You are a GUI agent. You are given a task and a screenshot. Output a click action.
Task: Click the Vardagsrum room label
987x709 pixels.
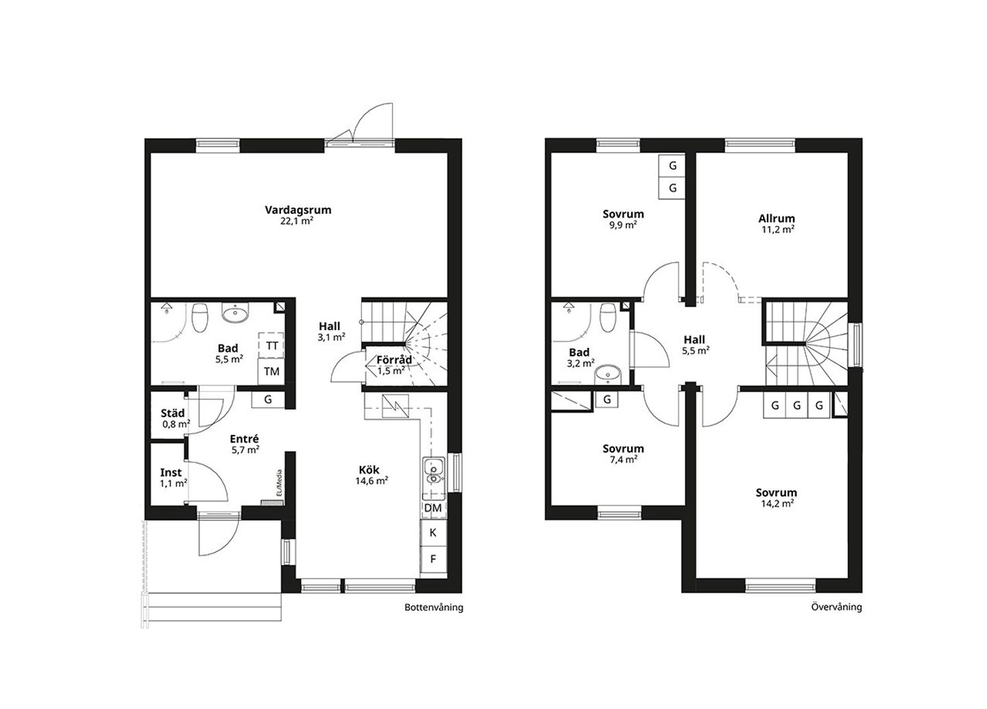pyautogui.click(x=298, y=210)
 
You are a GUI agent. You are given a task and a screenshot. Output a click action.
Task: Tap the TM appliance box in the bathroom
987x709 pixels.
pyautogui.click(x=271, y=371)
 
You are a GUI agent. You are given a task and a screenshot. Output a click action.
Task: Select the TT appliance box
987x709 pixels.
pyautogui.click(x=271, y=346)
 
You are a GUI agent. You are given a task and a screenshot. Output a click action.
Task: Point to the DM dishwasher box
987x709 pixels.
pyautogui.click(x=434, y=508)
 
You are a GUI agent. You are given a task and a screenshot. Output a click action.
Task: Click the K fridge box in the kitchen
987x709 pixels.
pyautogui.click(x=434, y=533)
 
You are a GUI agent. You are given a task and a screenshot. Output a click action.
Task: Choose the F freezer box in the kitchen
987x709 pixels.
pyautogui.click(x=434, y=559)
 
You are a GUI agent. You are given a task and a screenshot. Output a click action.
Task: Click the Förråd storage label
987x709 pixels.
pyautogui.click(x=394, y=360)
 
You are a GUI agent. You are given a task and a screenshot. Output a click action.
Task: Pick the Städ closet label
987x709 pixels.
pyautogui.click(x=173, y=413)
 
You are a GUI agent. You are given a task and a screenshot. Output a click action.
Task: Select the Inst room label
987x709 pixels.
pyautogui.click(x=171, y=473)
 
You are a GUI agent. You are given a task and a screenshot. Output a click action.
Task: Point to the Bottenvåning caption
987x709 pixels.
pyautogui.click(x=434, y=608)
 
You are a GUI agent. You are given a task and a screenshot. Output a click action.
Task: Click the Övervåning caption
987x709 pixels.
pyautogui.click(x=837, y=607)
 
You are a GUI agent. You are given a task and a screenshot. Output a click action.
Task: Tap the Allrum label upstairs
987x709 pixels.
pyautogui.click(x=777, y=219)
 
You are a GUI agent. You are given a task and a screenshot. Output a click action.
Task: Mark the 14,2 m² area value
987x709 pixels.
pyautogui.click(x=778, y=503)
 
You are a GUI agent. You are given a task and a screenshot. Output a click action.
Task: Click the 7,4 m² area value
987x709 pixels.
pyautogui.click(x=623, y=460)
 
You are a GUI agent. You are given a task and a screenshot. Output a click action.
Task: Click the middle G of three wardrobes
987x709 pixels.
pyautogui.click(x=796, y=405)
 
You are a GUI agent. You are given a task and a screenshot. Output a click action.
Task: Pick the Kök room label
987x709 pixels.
pyautogui.click(x=369, y=470)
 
